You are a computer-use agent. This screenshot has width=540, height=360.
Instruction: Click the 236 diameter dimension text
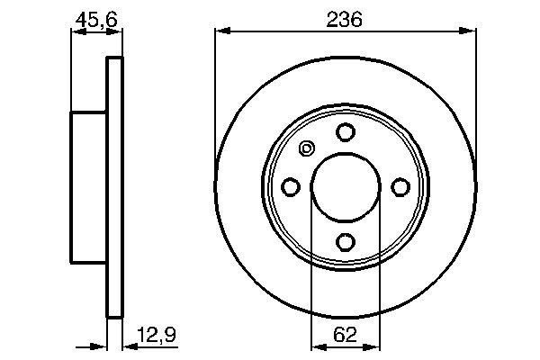pyautogui.click(x=344, y=19)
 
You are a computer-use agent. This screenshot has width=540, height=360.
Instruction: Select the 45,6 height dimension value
pyautogui.click(x=94, y=19)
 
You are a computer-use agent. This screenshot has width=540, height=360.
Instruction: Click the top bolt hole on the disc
pyautogui.click(x=345, y=132)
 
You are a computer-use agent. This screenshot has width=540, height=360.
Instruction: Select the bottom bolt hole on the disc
pyautogui.click(x=345, y=241)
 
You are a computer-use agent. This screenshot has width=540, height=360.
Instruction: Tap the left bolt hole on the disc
pyautogui.click(x=291, y=186)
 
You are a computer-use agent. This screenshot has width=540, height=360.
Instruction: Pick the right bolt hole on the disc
pyautogui.click(x=400, y=186)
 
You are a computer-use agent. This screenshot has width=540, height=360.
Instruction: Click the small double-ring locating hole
pyautogui.click(x=306, y=149)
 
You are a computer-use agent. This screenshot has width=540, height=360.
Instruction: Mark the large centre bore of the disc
pyautogui.click(x=345, y=186)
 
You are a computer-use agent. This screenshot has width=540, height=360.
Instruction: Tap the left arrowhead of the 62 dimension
pyautogui.click(x=316, y=344)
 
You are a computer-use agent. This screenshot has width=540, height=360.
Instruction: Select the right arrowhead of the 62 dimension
pyautogui.click(x=373, y=344)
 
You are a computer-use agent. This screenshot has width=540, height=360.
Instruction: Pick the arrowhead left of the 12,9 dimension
pyautogui.click(x=101, y=344)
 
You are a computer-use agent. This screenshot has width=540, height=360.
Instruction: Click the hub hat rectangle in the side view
pyautogui.click(x=89, y=187)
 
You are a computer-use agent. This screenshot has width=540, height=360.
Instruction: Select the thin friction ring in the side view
pyautogui.click(x=114, y=187)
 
